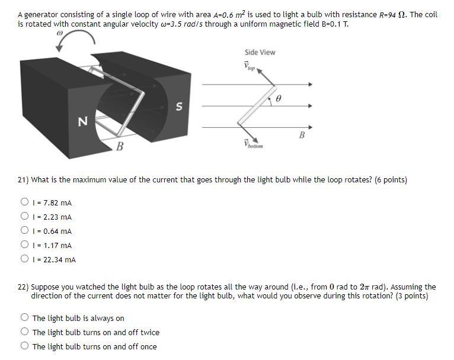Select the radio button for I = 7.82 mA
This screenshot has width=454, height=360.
(25, 203)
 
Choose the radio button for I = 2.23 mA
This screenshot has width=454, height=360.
(25, 217)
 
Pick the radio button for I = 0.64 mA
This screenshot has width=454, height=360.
(25, 232)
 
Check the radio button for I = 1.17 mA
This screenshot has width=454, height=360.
(25, 245)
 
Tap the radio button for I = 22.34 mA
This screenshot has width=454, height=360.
(25, 259)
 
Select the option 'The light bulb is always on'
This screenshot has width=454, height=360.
(25, 319)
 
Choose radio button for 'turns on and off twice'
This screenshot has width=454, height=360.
(25, 333)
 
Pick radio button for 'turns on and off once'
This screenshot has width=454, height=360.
(25, 347)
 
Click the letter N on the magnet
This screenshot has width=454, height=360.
(82, 121)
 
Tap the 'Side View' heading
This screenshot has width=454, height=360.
(260, 52)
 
